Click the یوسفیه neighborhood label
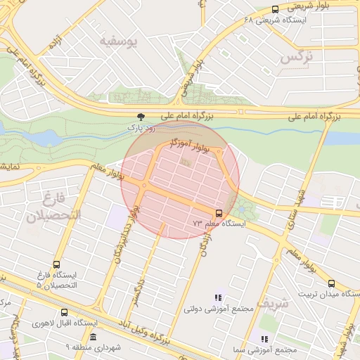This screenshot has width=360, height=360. (126, 41)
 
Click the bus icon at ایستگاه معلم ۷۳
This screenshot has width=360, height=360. (218, 212)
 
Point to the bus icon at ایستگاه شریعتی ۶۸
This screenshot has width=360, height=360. (274, 9)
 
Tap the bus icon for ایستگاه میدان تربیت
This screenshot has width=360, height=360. (331, 283)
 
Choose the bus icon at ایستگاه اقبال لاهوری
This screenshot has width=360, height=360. (65, 312)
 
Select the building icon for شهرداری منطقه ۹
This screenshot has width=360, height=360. (94, 337)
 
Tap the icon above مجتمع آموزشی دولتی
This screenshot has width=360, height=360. (218, 298)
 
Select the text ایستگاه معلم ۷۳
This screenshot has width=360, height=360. (219, 224)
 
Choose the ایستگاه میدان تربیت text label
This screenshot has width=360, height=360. (328, 294)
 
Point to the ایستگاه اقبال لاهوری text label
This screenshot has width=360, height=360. (65, 323)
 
